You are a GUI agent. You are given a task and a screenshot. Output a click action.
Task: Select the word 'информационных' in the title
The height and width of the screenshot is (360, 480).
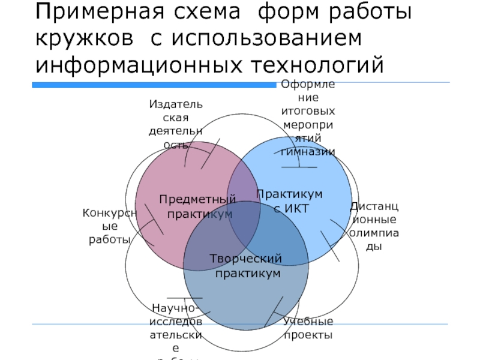click(143, 64)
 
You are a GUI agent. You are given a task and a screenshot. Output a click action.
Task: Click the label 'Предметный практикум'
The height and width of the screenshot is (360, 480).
click(197, 206)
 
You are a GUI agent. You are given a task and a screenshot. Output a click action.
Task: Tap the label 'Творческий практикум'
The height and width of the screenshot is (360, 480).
click(246, 266)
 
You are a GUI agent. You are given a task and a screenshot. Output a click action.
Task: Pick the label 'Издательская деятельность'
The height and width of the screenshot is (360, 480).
click(175, 125)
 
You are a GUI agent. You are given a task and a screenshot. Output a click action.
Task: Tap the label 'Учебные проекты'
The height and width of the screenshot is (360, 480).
click(308, 328)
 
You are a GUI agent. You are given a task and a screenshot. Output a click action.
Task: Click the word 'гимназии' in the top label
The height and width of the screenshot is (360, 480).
click(308, 152)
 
